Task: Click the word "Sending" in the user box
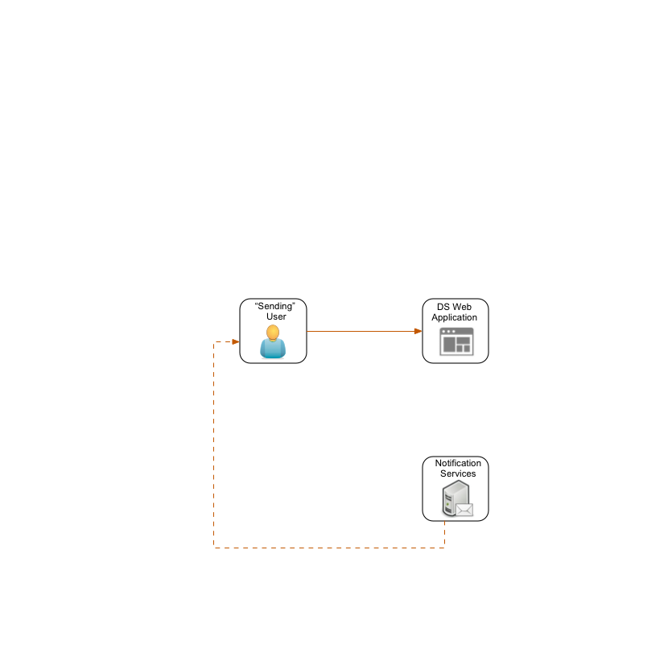coord(275,306)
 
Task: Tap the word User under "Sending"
coord(276,316)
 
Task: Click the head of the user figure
coord(273,332)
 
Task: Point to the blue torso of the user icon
coord(273,349)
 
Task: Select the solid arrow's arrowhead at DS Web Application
coord(418,331)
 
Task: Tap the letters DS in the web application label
coord(443,307)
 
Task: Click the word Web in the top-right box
coord(462,307)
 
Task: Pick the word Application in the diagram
coord(455,317)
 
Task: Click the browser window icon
coord(456,341)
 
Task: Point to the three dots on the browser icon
coord(447,331)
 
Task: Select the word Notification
coord(458,463)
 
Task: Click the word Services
coord(458,473)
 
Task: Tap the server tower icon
coord(451,502)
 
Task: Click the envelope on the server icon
coord(464,510)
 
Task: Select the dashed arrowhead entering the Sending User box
coord(235,341)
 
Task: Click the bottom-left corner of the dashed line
coord(214,548)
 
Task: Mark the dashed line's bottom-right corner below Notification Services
coord(444,548)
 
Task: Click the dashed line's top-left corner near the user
coord(214,342)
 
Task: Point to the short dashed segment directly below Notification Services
coord(444,534)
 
